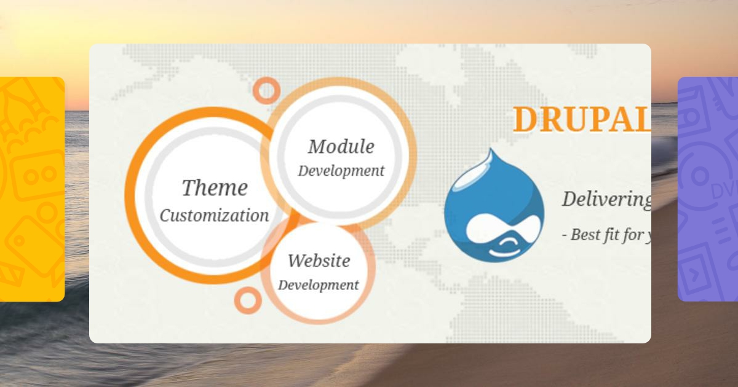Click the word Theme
pyautogui.click(x=215, y=188)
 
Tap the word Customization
pyautogui.click(x=215, y=216)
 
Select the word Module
pyautogui.click(x=341, y=147)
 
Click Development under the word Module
pyautogui.click(x=341, y=171)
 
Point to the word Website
pyautogui.click(x=319, y=260)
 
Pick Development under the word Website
pyautogui.click(x=318, y=285)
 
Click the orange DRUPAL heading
pyautogui.click(x=581, y=119)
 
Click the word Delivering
pyautogui.click(x=606, y=199)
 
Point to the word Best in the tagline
pyautogui.click(x=585, y=235)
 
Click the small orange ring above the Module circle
pyautogui.click(x=266, y=90)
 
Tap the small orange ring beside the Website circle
pyautogui.click(x=248, y=300)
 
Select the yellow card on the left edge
pyautogui.click(x=31, y=189)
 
